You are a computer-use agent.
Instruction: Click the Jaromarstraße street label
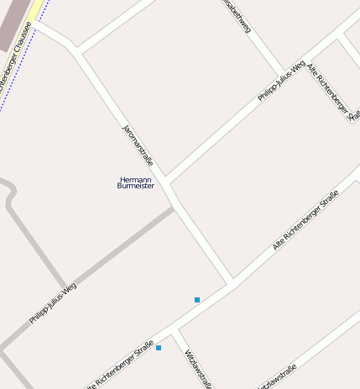pos(135,145)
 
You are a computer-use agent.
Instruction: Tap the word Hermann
pos(135,179)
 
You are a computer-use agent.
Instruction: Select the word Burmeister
pos(136,186)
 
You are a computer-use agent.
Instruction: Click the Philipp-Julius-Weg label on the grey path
pos(53,303)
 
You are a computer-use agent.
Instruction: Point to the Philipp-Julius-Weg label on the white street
pos(281,82)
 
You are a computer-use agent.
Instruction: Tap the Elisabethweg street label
pos(238,17)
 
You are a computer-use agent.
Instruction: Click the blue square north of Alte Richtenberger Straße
pos(197,299)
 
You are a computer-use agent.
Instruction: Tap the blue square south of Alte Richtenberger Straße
pos(159,347)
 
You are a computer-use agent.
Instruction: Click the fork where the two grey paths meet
pos(65,287)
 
